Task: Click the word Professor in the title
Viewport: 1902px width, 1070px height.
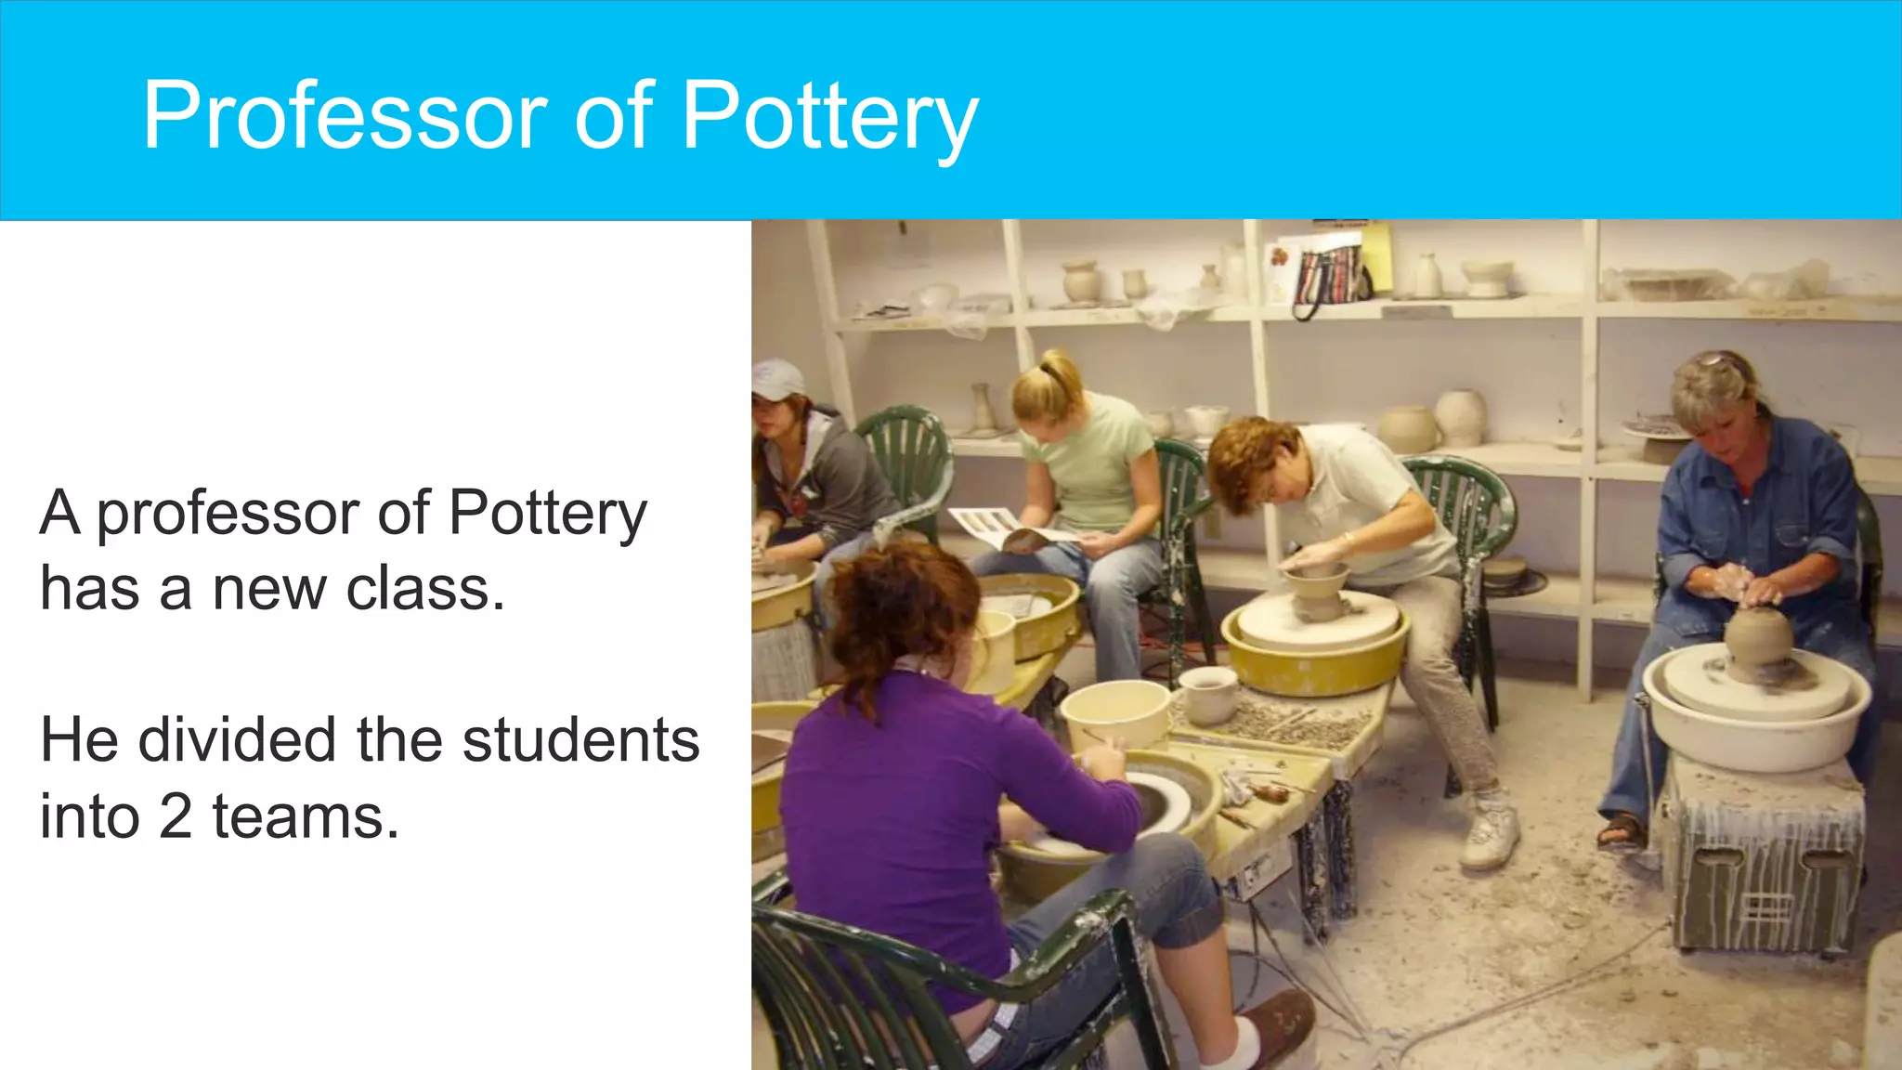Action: click(345, 116)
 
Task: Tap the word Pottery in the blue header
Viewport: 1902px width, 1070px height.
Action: click(829, 118)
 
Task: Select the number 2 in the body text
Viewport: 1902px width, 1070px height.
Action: click(175, 816)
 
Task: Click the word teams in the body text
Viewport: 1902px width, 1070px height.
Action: click(306, 816)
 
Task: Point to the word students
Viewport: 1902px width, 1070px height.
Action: click(580, 740)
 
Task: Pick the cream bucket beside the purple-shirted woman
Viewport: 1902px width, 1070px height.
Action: click(1114, 712)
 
